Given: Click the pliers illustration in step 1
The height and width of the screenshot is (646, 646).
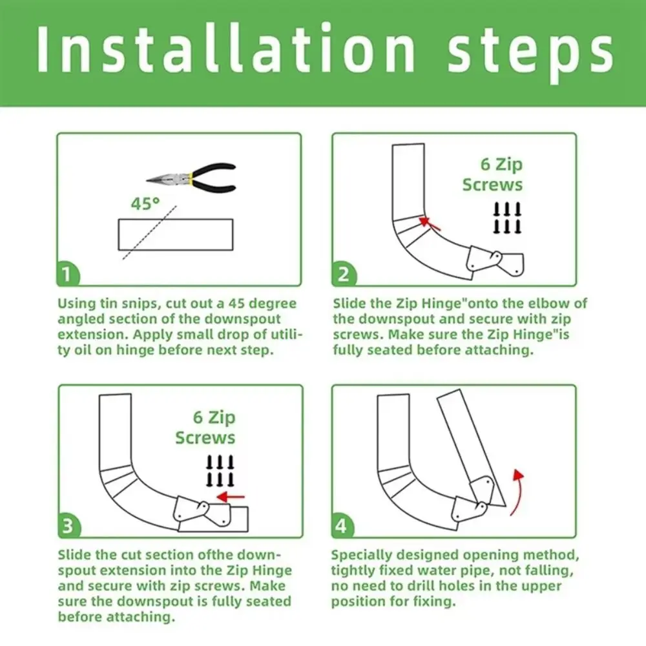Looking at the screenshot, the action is pos(191,178).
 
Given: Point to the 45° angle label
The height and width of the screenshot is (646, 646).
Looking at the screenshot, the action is pos(145,203).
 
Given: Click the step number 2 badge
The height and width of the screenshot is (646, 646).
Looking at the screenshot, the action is pos(343,275).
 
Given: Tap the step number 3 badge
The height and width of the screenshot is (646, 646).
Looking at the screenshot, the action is pos(69,526).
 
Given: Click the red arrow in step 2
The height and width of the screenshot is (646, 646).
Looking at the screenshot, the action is pos(430,224).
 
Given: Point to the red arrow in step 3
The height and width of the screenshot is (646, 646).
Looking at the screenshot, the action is pos(231,497).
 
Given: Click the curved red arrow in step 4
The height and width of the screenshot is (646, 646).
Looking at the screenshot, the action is pos(517,492).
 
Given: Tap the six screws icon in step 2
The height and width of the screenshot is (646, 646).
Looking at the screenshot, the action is pos(507,218).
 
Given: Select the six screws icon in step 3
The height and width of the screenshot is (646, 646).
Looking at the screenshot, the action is pos(220,471).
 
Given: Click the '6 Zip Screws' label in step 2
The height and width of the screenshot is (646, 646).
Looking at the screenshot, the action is pos(492,174).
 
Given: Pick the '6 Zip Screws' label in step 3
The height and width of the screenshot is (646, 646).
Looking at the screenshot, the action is pos(205,427).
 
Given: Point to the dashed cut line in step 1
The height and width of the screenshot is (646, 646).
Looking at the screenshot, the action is pos(150,233).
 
